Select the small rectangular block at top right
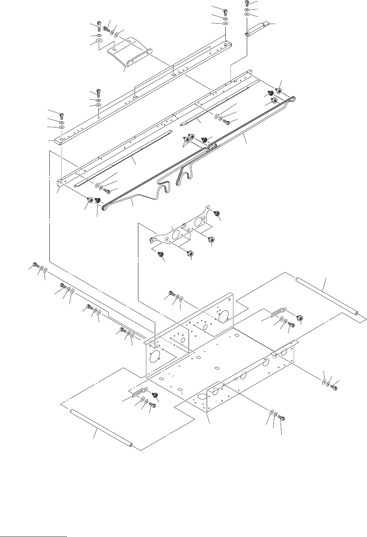(x=258, y=28)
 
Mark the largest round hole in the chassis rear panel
(x=223, y=314)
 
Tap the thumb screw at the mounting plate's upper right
(x=216, y=214)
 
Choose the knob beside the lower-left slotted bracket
(x=155, y=394)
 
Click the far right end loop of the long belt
(x=291, y=98)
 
